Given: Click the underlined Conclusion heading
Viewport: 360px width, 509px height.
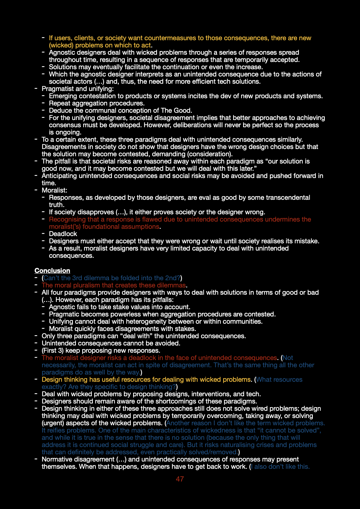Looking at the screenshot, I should tap(52, 271).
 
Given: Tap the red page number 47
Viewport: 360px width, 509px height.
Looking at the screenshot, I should tap(180, 479).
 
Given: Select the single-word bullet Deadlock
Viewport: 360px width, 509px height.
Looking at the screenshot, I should tap(63, 234).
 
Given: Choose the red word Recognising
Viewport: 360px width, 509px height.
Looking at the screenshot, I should tap(67, 219).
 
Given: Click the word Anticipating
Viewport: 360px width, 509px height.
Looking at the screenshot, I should tap(59, 176).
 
